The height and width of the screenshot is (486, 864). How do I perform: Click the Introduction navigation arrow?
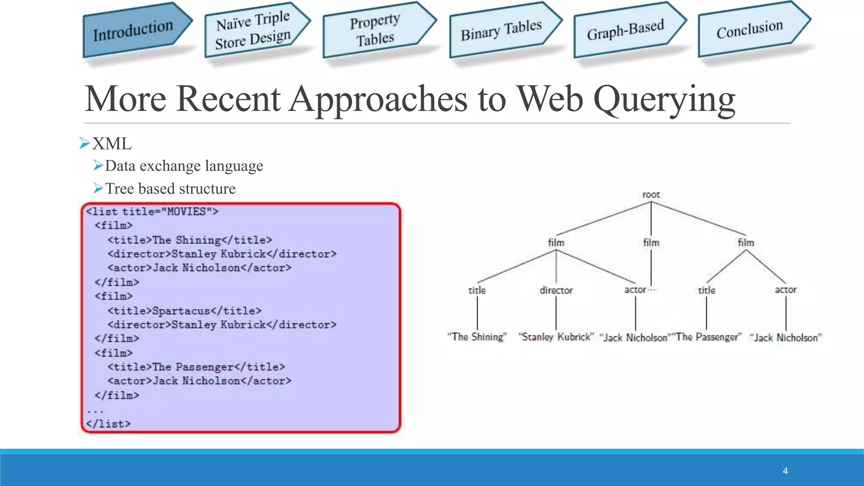coord(133,30)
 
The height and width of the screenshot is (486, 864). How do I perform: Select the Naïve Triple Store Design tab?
coord(253,31)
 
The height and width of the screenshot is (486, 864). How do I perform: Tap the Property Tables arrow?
coord(375,30)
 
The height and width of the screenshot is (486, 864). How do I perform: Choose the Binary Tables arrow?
coord(501,30)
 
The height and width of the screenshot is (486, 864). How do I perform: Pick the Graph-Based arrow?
coord(625,30)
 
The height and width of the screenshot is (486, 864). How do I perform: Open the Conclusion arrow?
coord(749,29)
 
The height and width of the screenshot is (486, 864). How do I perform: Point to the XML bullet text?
coord(112,144)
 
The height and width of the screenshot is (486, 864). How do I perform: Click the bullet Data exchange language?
coord(184,166)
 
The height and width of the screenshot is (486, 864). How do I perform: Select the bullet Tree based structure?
coord(170,189)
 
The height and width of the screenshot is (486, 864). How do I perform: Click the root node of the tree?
coord(651,195)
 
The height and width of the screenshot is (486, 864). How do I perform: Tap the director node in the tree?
coord(556,290)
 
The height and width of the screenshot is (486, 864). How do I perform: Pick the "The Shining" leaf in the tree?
coord(477,337)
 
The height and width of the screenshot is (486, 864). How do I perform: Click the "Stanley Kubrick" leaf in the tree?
coord(556,337)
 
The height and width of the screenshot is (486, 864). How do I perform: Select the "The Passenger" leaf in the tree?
coord(707,337)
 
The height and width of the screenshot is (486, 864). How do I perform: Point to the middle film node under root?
coord(651,243)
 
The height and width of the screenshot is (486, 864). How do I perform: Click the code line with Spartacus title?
coord(184,311)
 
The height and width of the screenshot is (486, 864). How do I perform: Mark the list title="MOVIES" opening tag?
coord(152,211)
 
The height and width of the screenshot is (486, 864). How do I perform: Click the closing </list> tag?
coord(108,424)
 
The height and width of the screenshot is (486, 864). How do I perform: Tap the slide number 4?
coord(785,471)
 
